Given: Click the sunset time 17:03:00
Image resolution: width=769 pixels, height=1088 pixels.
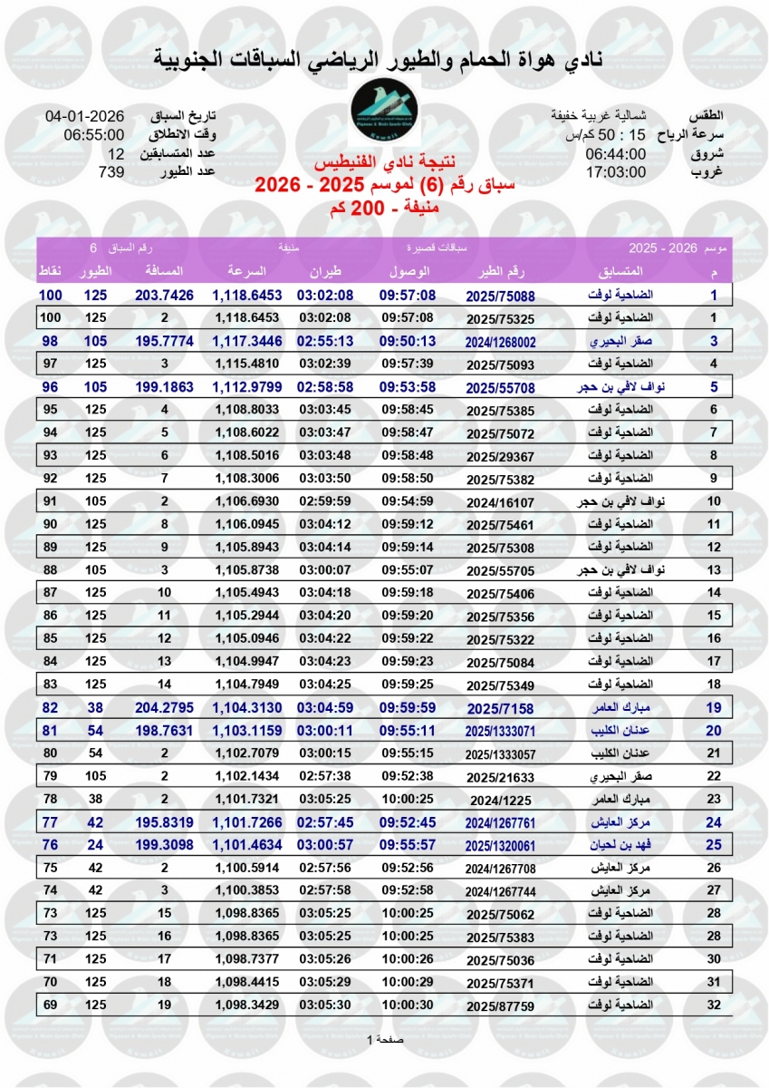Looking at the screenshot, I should point(615,171).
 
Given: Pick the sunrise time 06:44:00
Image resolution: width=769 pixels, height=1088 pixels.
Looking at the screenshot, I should point(615,153).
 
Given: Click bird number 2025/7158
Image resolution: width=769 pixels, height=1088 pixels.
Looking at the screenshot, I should point(500,706).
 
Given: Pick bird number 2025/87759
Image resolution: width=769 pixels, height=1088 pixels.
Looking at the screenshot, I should point(500,1005).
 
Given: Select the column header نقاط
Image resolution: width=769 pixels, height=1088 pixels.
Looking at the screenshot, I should point(49,272).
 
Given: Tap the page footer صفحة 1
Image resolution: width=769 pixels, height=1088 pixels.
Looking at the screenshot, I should point(385,1039).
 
